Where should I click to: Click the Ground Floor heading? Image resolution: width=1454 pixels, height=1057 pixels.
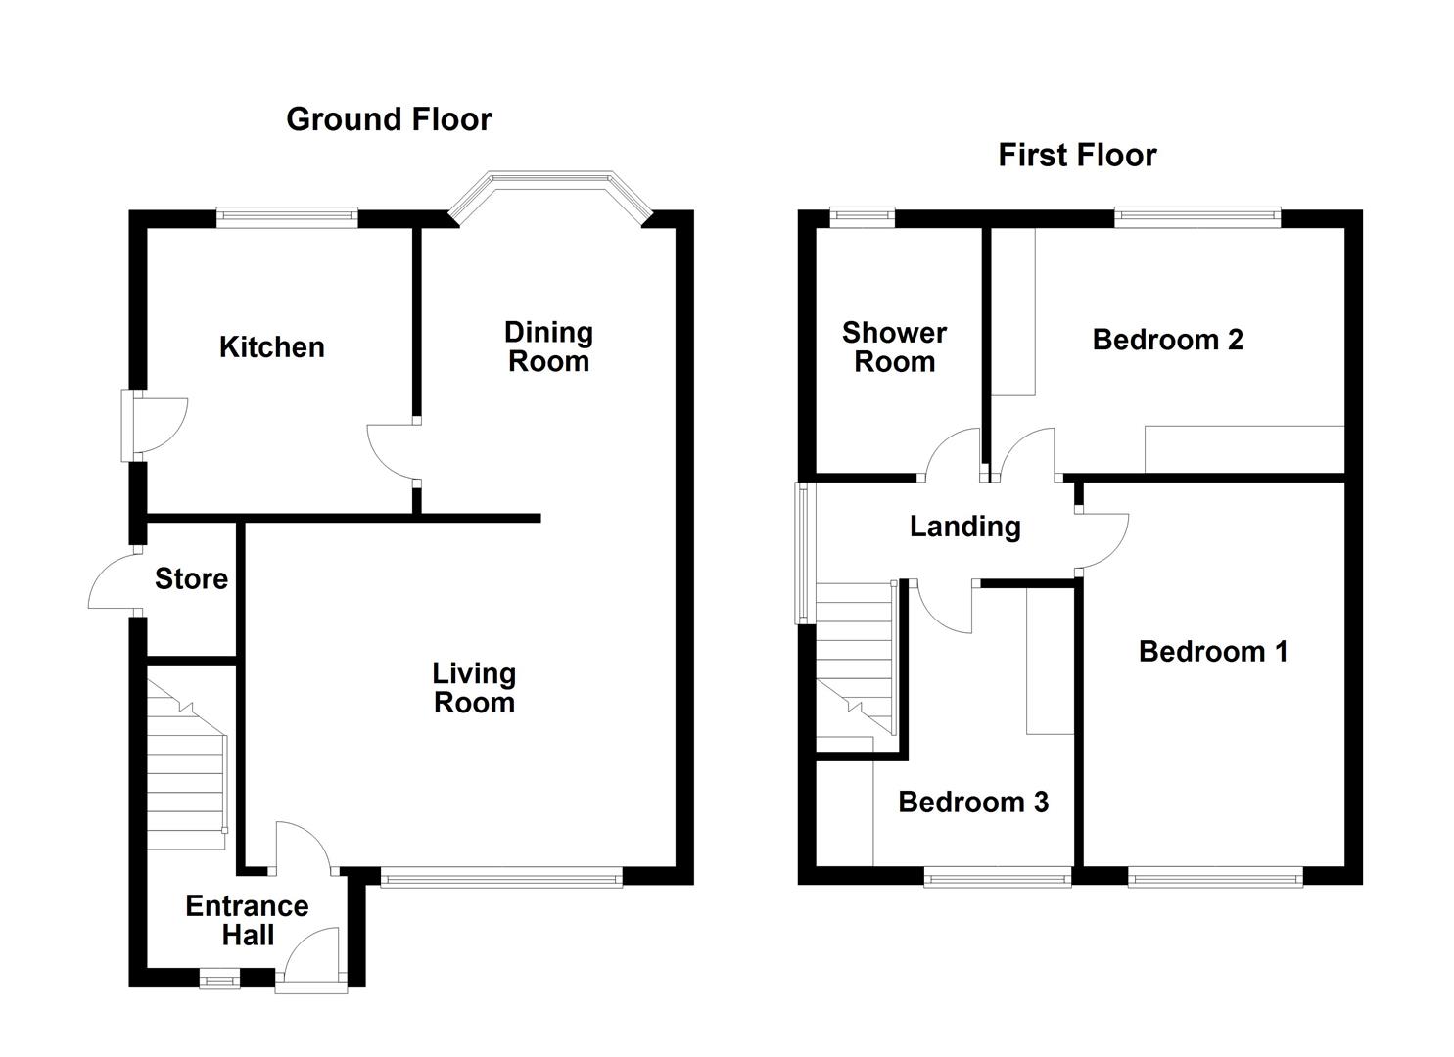[x=389, y=119]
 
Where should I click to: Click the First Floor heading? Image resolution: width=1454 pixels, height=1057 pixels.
[x=1077, y=155]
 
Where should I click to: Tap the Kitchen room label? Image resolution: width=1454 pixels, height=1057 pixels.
[x=271, y=347]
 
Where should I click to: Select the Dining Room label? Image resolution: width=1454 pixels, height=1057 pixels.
[x=548, y=346]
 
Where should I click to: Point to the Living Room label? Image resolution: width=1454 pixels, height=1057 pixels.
[x=474, y=688]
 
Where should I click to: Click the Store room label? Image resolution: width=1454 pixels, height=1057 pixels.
[x=191, y=579]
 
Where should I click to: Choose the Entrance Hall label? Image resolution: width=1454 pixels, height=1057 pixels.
[x=247, y=920]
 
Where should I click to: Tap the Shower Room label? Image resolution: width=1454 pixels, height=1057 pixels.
[x=894, y=347]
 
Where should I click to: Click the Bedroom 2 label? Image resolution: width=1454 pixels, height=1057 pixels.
[x=1167, y=340]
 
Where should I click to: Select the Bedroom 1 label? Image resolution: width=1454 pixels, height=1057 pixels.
[x=1212, y=652]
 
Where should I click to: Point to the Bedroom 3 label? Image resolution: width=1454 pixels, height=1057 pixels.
[x=972, y=803]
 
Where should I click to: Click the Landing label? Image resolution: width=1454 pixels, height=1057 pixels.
[x=964, y=527]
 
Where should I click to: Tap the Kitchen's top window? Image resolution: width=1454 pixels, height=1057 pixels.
[x=287, y=217]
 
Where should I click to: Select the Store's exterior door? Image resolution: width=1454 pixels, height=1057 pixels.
[x=113, y=582]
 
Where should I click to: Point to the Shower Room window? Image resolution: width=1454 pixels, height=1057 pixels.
[x=862, y=217]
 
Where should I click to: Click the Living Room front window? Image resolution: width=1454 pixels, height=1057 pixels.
[x=501, y=878]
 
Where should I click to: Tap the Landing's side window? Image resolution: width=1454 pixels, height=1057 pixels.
[x=803, y=553]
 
